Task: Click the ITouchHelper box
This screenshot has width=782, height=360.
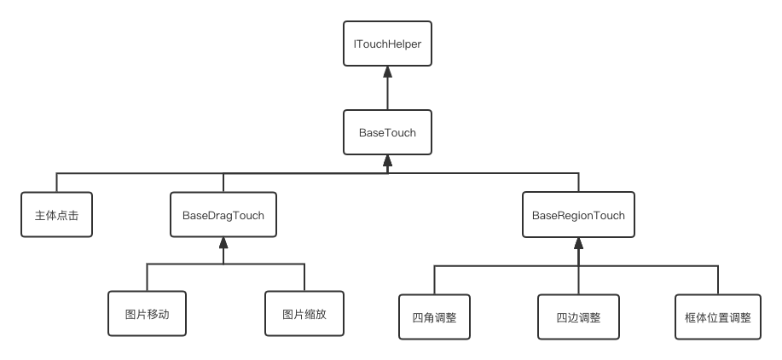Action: [x=388, y=44]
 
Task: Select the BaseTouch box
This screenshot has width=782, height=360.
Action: [x=388, y=131]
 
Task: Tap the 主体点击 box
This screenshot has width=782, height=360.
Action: [x=57, y=216]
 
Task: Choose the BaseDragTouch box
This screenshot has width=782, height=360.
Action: [x=223, y=216]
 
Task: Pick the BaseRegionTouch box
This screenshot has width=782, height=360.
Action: [x=578, y=216]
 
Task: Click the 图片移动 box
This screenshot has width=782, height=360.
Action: [x=147, y=313]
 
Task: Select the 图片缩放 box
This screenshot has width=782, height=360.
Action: [x=304, y=313]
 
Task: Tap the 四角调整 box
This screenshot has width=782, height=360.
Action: [x=434, y=317]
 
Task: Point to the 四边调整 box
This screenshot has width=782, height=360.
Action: [x=578, y=317]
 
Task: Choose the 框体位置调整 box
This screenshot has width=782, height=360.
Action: [x=717, y=317]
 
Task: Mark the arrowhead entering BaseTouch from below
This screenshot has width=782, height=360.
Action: [x=388, y=160]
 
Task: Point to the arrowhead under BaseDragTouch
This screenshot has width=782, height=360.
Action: [x=223, y=245]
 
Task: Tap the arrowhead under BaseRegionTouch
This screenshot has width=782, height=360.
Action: [x=578, y=245]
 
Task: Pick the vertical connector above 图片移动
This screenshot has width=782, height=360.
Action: [x=147, y=278]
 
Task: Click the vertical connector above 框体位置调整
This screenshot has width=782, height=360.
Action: [x=717, y=280]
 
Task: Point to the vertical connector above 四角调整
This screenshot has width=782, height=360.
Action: [x=434, y=280]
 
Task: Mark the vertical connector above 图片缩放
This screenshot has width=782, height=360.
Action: [x=304, y=278]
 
